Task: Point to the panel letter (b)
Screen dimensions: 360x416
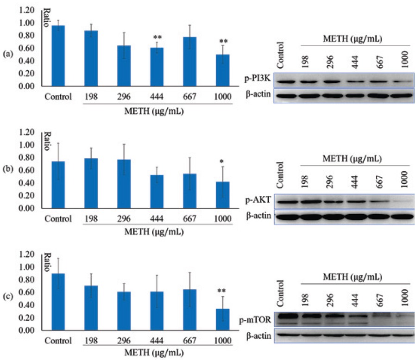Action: [x=7, y=177]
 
